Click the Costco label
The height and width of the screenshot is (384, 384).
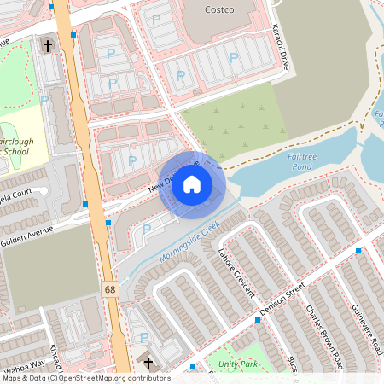tap(220, 10)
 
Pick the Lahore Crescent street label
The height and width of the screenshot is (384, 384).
tap(236, 272)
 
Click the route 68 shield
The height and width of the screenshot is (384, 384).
tap(110, 291)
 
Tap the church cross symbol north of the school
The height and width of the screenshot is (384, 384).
tap(48, 46)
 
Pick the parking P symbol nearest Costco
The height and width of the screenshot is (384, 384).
tap(156, 19)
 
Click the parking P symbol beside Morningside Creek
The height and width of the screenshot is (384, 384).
tap(146, 230)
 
